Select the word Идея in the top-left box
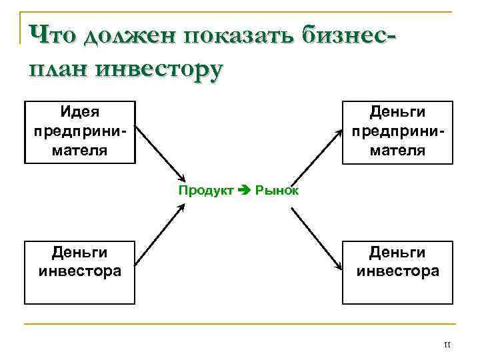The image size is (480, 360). point(80,111)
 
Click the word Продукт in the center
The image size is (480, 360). point(206,191)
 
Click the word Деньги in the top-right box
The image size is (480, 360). point(398,111)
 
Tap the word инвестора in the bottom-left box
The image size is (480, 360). point(80,271)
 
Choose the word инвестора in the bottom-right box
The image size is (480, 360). point(398,271)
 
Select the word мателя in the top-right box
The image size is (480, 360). point(398,149)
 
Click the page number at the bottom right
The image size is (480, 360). point(447,345)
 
